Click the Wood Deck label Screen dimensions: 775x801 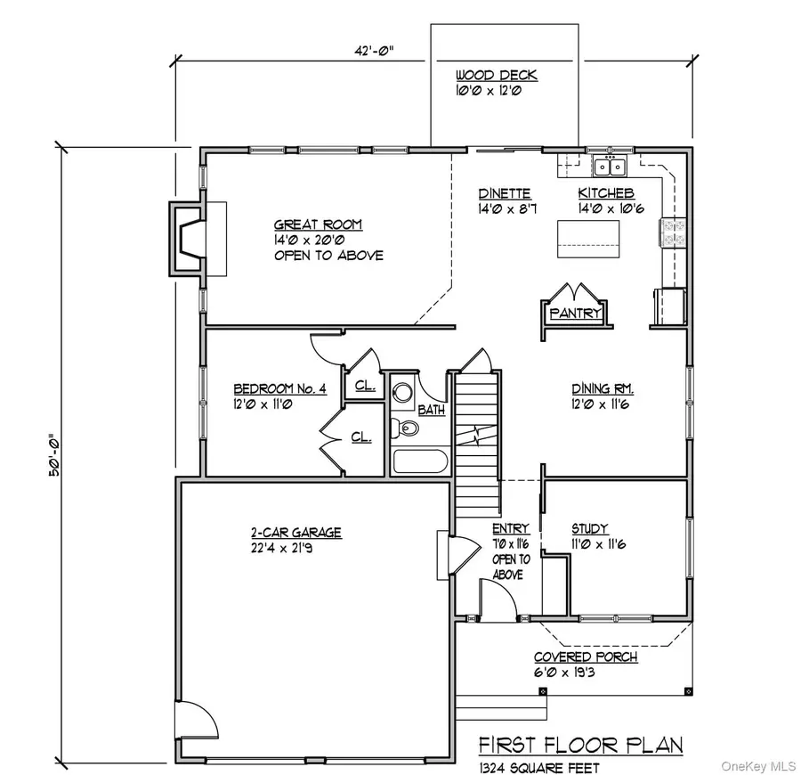496,76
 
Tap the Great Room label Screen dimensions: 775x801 318,225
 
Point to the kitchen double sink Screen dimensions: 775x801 611,166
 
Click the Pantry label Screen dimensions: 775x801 574,314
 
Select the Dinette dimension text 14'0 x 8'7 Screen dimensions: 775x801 505,209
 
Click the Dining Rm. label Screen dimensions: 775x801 602,389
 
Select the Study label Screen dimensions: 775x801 591,528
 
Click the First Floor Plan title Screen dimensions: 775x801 581,745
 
